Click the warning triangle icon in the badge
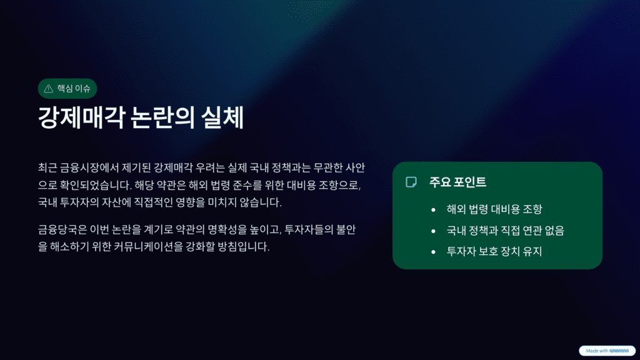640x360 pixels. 49,89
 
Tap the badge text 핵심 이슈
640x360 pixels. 73,89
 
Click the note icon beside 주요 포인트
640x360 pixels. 411,182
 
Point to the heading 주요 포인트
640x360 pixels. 457,182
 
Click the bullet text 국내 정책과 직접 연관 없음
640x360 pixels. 505,231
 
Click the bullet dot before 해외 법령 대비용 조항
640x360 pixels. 433,210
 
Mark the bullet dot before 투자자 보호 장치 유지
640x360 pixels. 433,252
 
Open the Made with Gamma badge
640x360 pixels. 607,351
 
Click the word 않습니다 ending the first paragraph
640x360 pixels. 261,202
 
